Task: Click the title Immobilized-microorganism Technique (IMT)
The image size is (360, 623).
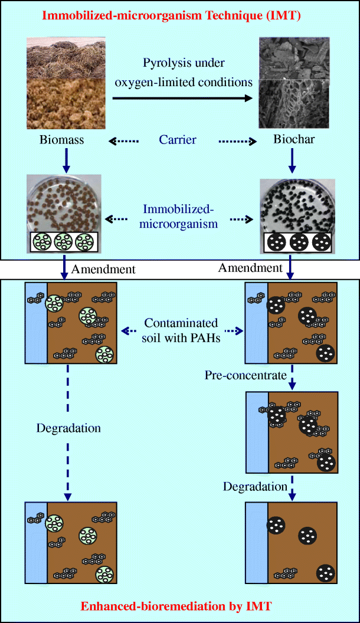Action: click(x=180, y=16)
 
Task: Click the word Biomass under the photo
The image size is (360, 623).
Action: click(x=63, y=140)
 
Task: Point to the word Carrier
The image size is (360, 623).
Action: click(x=177, y=140)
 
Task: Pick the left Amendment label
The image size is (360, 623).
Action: click(x=103, y=270)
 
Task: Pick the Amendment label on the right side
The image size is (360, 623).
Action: click(x=250, y=268)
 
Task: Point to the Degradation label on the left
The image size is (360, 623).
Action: click(x=68, y=428)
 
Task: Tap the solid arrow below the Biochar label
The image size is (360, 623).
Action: click(x=290, y=160)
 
